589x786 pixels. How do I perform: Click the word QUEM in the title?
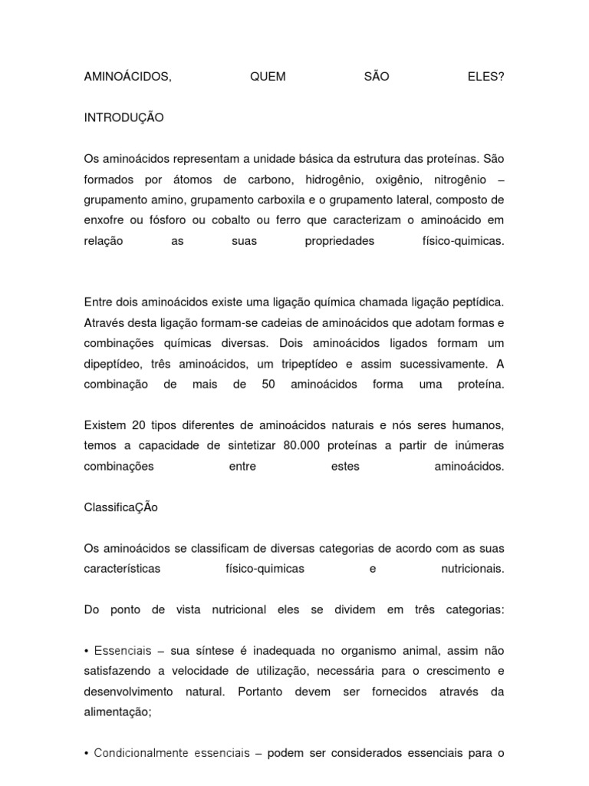coord(268,78)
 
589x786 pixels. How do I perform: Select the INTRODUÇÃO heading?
coord(123,118)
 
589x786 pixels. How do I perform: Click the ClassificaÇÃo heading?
coord(120,507)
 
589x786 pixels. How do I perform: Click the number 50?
coord(268,385)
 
